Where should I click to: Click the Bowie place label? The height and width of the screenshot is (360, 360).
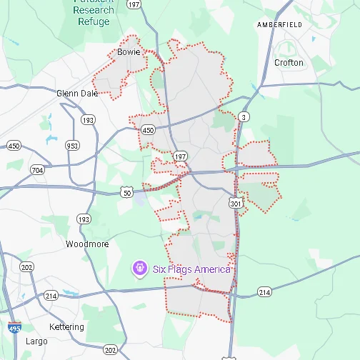point(129,52)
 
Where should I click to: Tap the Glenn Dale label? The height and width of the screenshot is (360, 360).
point(76,93)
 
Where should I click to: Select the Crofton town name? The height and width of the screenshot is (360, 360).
point(289,63)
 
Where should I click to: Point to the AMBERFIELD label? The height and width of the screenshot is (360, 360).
point(280,24)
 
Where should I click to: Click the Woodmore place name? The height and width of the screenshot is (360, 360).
point(87,244)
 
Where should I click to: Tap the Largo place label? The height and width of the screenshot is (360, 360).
point(36,341)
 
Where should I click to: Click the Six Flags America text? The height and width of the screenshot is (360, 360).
point(191,269)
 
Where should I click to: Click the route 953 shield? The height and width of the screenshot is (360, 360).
point(72,146)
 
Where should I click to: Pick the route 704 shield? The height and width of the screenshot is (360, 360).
point(37,170)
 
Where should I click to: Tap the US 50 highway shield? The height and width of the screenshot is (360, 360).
point(127,192)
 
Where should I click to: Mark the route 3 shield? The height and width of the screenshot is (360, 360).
point(244,116)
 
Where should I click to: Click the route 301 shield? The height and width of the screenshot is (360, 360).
point(235,203)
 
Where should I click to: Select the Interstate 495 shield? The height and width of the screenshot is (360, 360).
point(14,328)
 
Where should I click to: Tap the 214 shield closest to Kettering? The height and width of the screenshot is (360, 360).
point(51,295)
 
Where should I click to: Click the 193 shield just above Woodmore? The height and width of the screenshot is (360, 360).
point(84,219)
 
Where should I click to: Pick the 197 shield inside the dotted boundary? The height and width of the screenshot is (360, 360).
point(180,156)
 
